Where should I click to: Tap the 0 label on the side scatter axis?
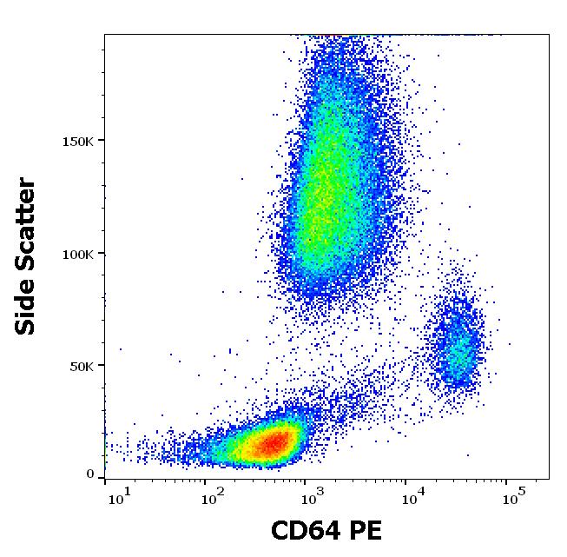pos(89,474)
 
